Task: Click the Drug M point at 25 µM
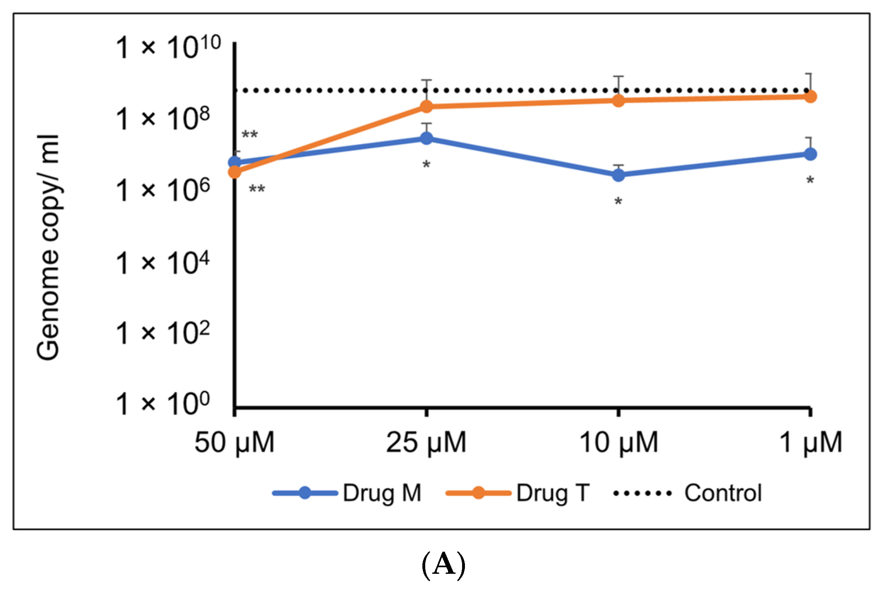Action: tap(426, 138)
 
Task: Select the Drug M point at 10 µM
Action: tap(618, 175)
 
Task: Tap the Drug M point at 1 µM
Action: tap(810, 154)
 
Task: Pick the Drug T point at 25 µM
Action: tap(426, 107)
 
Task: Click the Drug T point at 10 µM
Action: tap(618, 101)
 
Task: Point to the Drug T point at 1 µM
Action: tap(810, 97)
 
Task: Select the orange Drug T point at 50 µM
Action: tap(235, 172)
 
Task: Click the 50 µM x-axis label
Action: tap(234, 443)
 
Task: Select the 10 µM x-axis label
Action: tap(618, 443)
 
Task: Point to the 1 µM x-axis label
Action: tap(810, 443)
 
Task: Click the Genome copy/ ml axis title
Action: tap(48, 247)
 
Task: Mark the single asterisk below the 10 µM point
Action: tap(618, 202)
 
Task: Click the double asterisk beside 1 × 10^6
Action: tap(257, 189)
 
